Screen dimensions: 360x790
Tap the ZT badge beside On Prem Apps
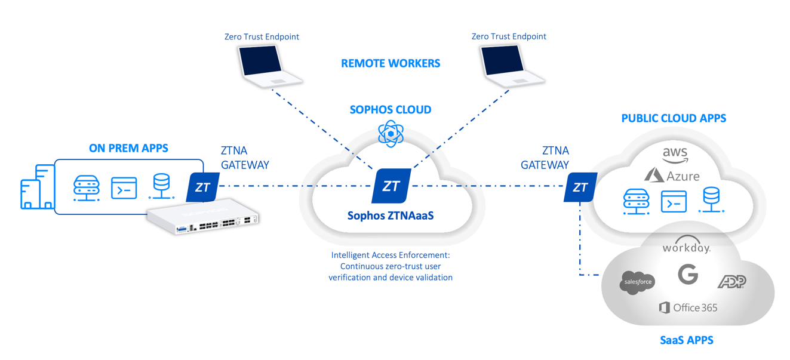click(202, 187)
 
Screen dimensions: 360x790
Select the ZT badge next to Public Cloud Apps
click(580, 187)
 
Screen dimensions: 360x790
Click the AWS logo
click(675, 155)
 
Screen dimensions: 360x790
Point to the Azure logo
click(672, 176)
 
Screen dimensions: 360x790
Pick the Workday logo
click(686, 247)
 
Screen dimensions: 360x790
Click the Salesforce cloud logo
click(637, 282)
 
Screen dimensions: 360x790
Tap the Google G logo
click(688, 275)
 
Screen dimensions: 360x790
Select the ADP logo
click(731, 281)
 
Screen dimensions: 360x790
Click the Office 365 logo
click(688, 308)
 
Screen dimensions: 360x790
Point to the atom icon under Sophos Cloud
click(391, 134)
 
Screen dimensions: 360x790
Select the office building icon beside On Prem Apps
click(37, 187)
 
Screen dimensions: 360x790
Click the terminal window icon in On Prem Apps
click(124, 188)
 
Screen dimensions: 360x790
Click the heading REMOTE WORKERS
click(391, 63)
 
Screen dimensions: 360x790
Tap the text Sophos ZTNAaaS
click(391, 215)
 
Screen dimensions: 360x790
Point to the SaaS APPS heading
click(686, 340)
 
